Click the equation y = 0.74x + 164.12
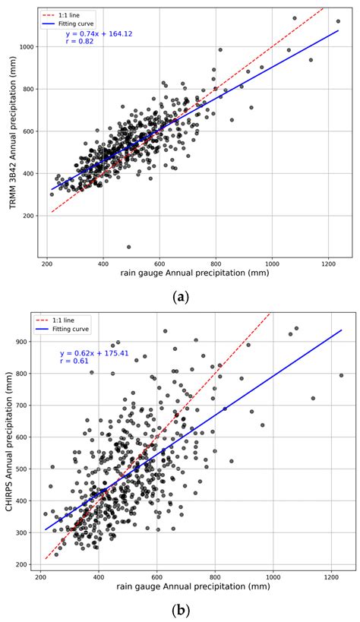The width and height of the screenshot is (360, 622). click(99, 34)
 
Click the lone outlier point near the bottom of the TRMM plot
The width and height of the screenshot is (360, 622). click(128, 247)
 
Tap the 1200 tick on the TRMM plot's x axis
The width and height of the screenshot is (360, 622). click(328, 264)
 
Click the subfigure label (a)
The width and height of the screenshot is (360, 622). click(181, 297)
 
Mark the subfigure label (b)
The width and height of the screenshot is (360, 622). click(181, 610)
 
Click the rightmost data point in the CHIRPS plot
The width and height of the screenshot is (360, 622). click(341, 375)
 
